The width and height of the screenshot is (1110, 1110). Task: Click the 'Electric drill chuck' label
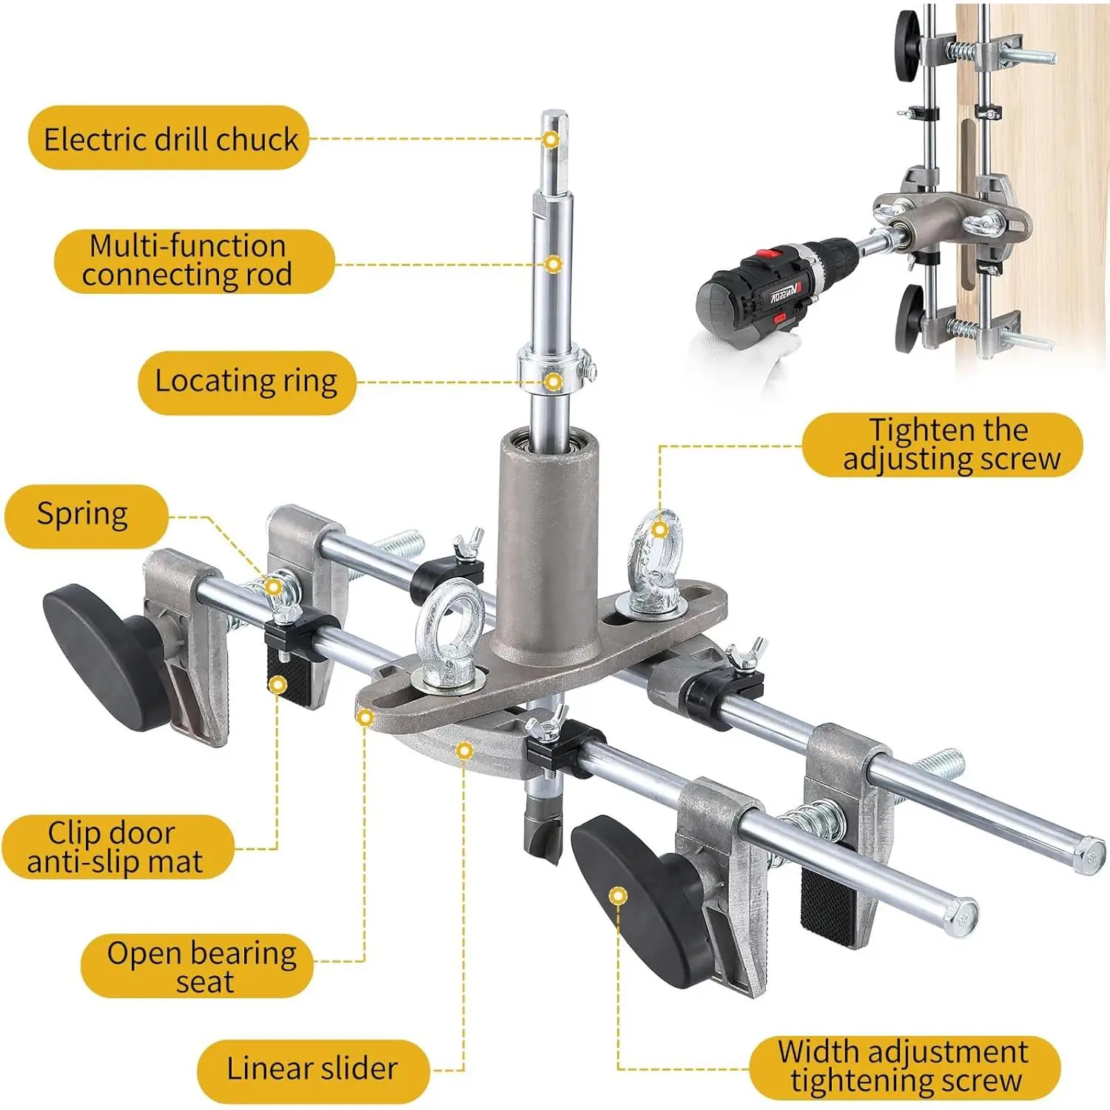169,138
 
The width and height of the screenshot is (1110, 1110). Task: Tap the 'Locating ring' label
246,382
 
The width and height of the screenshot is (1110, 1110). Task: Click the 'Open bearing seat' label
197,966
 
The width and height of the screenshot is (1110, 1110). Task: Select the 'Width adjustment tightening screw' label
904,1067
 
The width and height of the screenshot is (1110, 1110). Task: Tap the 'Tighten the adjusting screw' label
943,445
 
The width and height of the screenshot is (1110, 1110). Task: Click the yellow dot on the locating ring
553,382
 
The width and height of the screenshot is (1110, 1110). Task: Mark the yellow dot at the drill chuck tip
551,139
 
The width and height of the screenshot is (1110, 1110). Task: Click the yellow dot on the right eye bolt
660,530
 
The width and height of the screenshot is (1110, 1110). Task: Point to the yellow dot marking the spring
273,588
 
